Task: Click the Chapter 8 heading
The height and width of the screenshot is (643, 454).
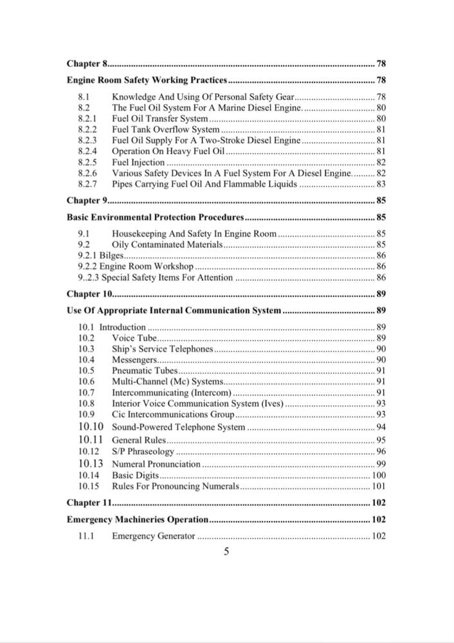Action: pos(87,64)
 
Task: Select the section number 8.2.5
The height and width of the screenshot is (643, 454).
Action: pos(87,162)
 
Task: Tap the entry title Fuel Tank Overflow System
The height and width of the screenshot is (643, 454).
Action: pos(165,129)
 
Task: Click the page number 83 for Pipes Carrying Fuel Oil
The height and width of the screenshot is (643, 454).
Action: pos(380,185)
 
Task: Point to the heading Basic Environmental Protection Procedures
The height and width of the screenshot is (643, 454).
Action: pos(155,217)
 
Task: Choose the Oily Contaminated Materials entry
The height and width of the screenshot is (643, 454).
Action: pos(167,244)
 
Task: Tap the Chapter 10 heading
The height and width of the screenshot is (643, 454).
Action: pos(89,294)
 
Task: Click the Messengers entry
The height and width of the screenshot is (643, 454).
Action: pos(132,359)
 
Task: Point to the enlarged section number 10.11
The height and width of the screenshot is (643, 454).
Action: pos(91,440)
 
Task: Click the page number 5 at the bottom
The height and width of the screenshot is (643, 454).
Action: pos(226,551)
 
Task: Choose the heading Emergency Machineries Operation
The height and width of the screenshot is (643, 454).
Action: pos(138,519)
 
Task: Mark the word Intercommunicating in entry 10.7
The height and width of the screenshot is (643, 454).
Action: pos(150,392)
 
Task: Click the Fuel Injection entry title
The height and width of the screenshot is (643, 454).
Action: pos(138,162)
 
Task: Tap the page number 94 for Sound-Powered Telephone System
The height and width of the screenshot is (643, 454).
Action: pos(380,427)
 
